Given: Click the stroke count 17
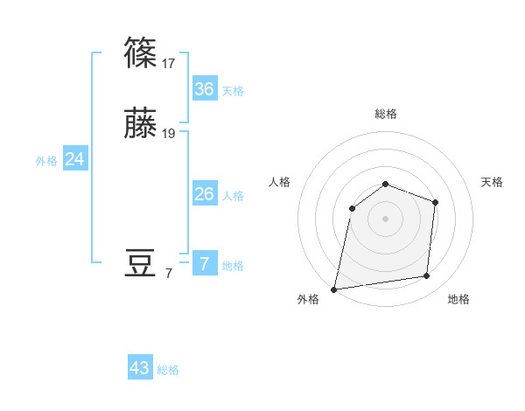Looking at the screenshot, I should coord(169,63).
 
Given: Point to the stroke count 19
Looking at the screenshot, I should coord(169,134).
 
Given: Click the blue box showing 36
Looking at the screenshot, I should coord(204,89).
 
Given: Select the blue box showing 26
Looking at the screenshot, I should coord(204,194).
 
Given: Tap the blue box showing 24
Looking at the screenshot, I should coord(75,159).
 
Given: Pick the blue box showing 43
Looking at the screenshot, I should coord(140,368).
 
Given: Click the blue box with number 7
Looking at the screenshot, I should coord(204,264).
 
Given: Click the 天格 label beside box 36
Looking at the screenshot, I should coord(233,91).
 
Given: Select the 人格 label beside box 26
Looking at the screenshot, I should coord(233,196).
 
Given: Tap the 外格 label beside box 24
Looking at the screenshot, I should coord(46,161).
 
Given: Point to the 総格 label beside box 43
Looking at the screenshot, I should coord(169,370).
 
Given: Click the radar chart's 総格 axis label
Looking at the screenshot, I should coord(386,114).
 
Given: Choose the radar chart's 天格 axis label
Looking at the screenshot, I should coord(493,182).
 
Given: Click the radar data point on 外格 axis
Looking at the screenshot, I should coord(334,289).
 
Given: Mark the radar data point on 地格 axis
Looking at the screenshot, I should coord(427,276).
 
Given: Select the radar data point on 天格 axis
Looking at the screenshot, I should coord(435,202).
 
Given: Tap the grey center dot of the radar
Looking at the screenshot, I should coord(385,218).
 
